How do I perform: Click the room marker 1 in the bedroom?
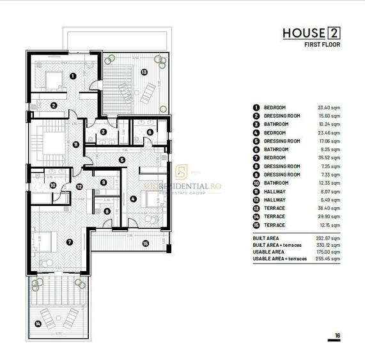72,75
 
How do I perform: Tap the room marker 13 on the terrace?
144,72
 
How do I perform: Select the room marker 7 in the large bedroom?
69,242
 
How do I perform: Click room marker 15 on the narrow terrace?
145,242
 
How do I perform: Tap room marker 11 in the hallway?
76,145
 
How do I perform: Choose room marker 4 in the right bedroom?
132,199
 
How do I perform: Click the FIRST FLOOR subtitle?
322,45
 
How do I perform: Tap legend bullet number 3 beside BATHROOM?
256,123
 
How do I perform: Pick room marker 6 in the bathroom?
150,132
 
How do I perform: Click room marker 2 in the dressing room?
54,106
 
